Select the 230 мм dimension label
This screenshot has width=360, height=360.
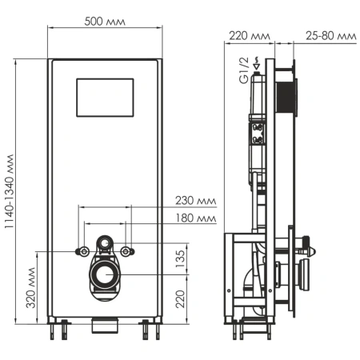pyautogui.click(x=197, y=202)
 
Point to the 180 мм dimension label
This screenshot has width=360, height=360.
pyautogui.click(x=197, y=219)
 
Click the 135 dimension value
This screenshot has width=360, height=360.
pyautogui.click(x=181, y=258)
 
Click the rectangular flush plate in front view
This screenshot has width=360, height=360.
pyautogui.click(x=107, y=97)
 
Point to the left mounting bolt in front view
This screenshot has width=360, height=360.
pyautogui.click(x=82, y=251)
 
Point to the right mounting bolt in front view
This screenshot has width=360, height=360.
pyautogui.click(x=128, y=251)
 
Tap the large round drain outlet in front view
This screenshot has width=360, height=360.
pyautogui.click(x=106, y=276)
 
